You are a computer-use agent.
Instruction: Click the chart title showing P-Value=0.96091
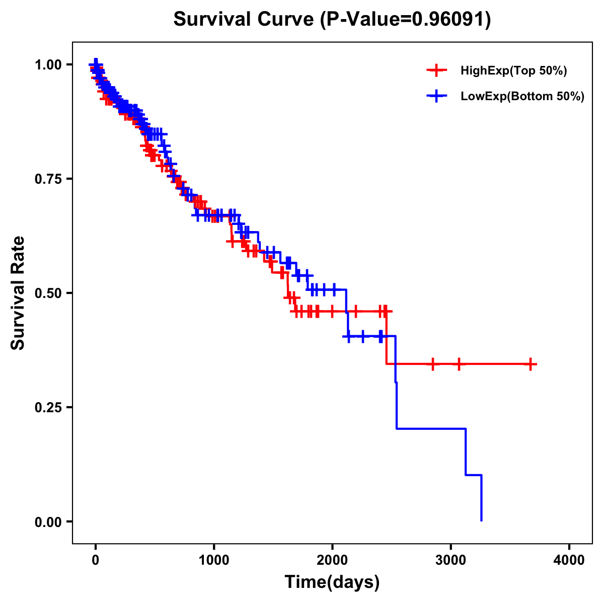pyautogui.click(x=332, y=19)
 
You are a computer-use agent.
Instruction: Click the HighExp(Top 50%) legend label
pyautogui.click(x=514, y=71)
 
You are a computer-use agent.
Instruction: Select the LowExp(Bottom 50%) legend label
pyautogui.click(x=522, y=97)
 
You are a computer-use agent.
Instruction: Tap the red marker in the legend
pyautogui.click(x=436, y=70)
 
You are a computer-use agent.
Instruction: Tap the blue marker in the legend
pyautogui.click(x=436, y=96)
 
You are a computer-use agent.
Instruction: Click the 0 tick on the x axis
pyautogui.click(x=96, y=561)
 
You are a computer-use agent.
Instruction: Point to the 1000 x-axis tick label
pyautogui.click(x=214, y=561)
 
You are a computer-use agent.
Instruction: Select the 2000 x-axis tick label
pyautogui.click(x=332, y=561)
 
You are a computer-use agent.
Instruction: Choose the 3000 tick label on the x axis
pyautogui.click(x=451, y=561)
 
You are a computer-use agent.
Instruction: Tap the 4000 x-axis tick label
pyautogui.click(x=569, y=561)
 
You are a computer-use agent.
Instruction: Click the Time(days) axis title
pyautogui.click(x=332, y=582)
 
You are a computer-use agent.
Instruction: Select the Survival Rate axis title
pyautogui.click(x=18, y=293)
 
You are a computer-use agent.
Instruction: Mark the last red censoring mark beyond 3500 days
pyautogui.click(x=531, y=364)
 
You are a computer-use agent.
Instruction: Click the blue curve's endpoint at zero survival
pyautogui.click(x=482, y=520)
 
